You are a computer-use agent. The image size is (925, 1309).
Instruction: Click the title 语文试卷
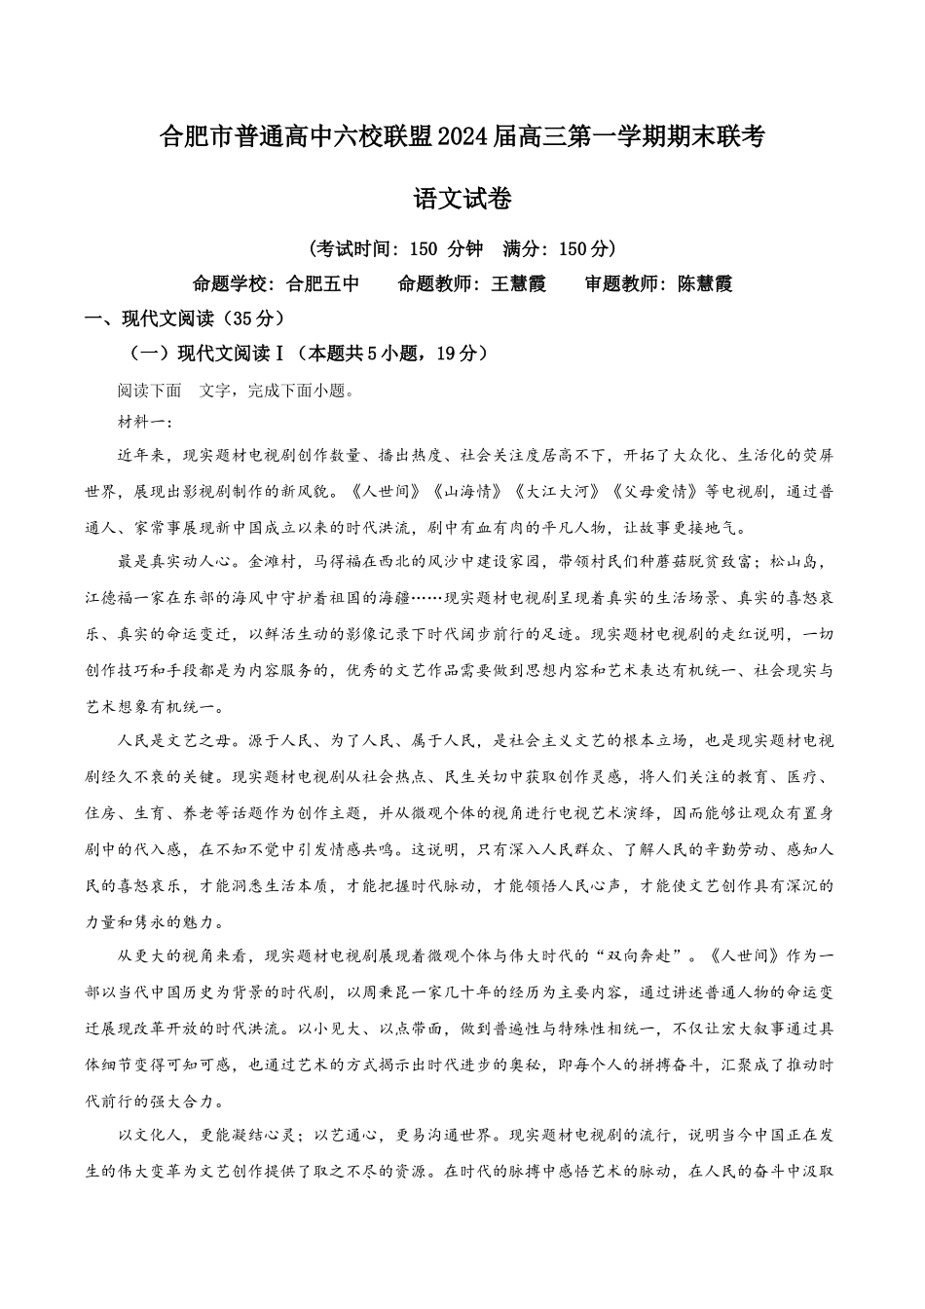coord(462,200)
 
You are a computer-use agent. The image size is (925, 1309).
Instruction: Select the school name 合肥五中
coord(322,284)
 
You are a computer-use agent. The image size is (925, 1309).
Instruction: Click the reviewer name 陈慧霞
coord(705,284)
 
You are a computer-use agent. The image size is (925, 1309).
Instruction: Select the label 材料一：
coord(145,422)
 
